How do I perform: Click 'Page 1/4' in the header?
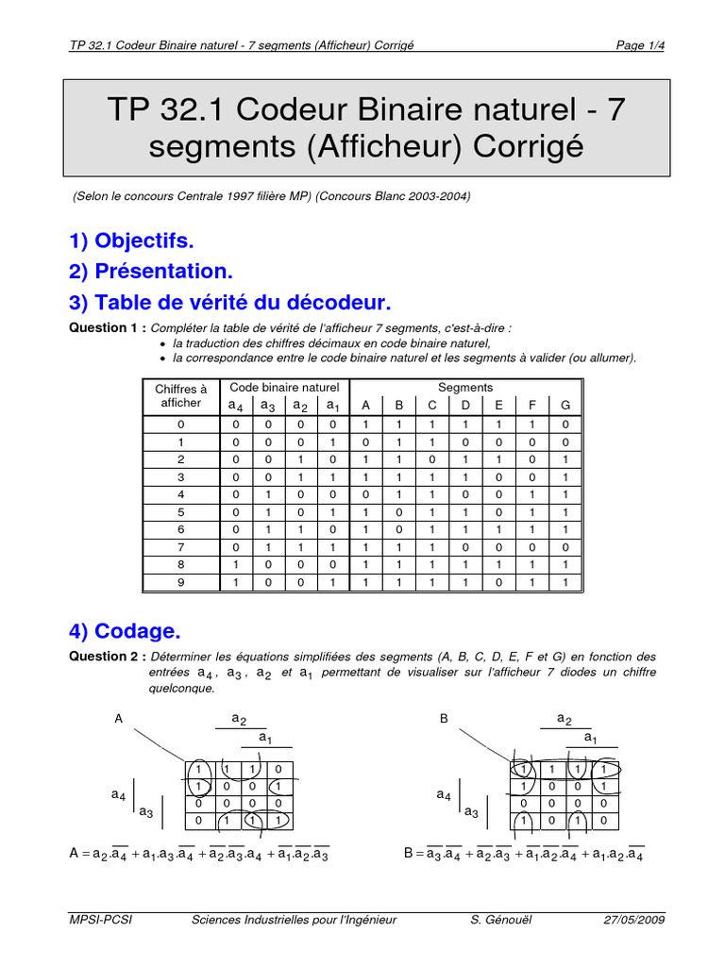tap(640, 44)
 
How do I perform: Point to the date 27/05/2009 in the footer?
tap(634, 920)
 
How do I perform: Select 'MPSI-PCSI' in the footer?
tap(101, 920)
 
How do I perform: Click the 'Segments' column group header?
tap(464, 388)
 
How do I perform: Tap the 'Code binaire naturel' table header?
tap(284, 388)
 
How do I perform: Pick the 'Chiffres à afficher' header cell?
tap(180, 395)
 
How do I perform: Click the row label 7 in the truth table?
tap(180, 547)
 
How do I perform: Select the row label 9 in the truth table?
tap(180, 583)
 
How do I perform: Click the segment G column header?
tap(565, 405)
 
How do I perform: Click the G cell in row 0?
tap(565, 425)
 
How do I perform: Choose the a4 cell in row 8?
tap(235, 565)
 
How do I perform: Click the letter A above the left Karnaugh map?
tap(119, 718)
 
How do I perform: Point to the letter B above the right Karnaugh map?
tap(444, 718)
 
